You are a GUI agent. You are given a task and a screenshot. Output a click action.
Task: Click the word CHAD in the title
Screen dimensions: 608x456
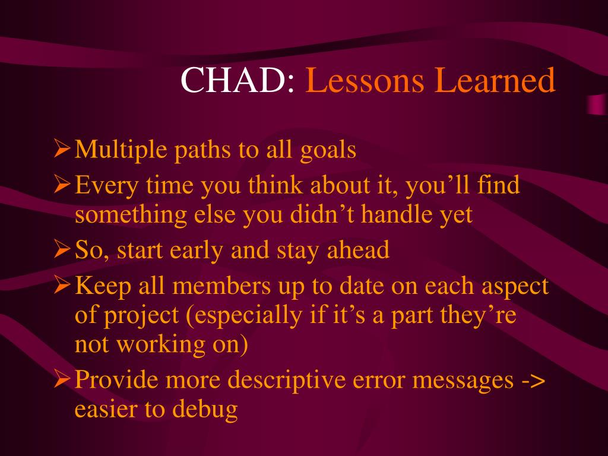pyautogui.click(x=233, y=80)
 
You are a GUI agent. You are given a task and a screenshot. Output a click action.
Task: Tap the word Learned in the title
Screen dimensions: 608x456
pyautogui.click(x=495, y=80)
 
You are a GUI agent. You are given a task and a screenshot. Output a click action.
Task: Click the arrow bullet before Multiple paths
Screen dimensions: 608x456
pyautogui.click(x=62, y=148)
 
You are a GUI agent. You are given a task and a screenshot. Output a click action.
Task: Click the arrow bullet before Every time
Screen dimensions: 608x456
pyautogui.click(x=62, y=184)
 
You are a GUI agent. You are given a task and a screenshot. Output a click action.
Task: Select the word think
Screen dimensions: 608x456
pyautogui.click(x=275, y=185)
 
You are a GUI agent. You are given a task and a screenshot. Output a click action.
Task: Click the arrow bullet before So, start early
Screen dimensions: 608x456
pyautogui.click(x=62, y=249)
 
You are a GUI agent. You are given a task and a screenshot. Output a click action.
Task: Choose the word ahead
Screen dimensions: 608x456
pyautogui.click(x=358, y=249)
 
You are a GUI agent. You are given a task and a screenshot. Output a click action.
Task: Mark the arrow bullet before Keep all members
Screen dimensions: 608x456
pyautogui.click(x=62, y=284)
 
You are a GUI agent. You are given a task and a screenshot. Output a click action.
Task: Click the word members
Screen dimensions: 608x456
pyautogui.click(x=221, y=286)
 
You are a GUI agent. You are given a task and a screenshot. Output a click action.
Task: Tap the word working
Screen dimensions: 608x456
pyautogui.click(x=161, y=345)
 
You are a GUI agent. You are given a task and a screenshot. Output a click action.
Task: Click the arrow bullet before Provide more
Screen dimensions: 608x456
pyautogui.click(x=62, y=378)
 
